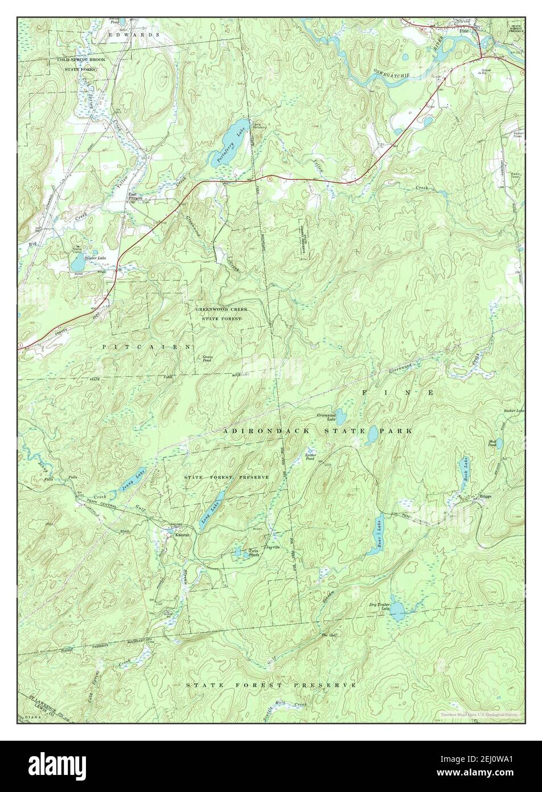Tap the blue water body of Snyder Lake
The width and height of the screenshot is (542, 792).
tap(77, 263)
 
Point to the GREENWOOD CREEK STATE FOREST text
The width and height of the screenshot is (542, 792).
tap(221, 313)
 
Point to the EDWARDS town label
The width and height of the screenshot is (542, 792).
tap(134, 35)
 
